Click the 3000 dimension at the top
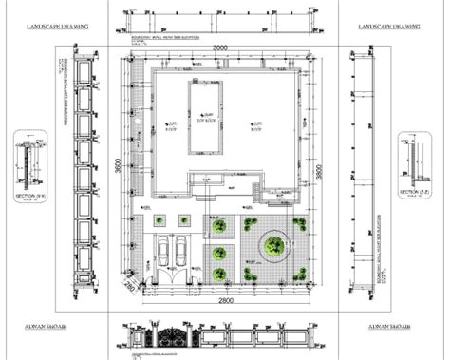click(x=221, y=47)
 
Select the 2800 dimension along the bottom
click(x=222, y=301)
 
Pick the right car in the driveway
click(x=181, y=252)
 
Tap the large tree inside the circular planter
click(x=272, y=245)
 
